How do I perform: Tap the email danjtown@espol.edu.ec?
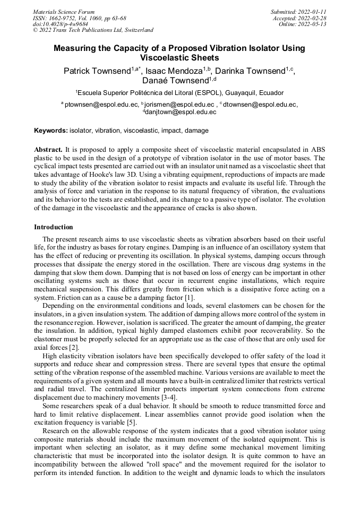[x=181, y=112]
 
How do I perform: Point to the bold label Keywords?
[x=51, y=130]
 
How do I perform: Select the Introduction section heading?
[x=54, y=227]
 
